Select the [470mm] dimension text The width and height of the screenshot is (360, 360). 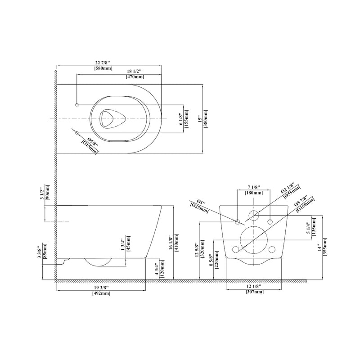135,77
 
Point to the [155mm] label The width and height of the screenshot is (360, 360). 187,119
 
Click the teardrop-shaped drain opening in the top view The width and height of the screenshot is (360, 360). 108,118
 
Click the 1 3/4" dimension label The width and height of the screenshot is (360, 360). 122,245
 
